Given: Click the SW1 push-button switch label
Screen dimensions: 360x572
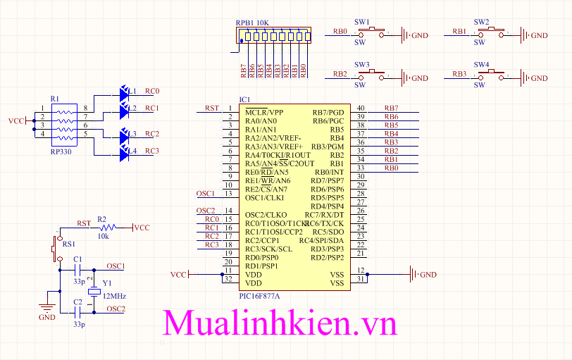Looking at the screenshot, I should (363, 22).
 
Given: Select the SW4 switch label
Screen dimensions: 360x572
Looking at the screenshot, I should (482, 64).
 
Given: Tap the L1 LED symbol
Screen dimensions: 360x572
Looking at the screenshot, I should (125, 92).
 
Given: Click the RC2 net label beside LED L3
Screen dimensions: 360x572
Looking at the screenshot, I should (152, 134).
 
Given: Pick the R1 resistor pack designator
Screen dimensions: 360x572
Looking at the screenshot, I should (55, 99).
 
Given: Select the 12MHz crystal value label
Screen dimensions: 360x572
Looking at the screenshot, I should (113, 296).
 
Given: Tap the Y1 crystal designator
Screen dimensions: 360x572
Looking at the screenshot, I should (107, 283).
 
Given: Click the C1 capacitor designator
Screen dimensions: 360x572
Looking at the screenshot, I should (77, 260).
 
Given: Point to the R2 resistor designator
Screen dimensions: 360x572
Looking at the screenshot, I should (101, 219).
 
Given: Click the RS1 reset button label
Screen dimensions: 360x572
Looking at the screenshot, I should (68, 244).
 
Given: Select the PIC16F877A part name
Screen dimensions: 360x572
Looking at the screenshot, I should (260, 296).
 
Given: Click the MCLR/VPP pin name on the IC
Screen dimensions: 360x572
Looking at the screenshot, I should (264, 113).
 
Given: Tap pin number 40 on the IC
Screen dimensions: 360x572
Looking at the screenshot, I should (361, 108).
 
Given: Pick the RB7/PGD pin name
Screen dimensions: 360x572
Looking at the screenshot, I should (328, 113).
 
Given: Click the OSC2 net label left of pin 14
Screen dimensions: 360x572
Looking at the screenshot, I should (206, 211).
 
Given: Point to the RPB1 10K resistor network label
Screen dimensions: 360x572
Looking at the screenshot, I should (252, 23).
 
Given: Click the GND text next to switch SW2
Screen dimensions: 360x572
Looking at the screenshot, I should (539, 35).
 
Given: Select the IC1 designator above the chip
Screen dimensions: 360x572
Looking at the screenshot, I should (244, 100).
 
